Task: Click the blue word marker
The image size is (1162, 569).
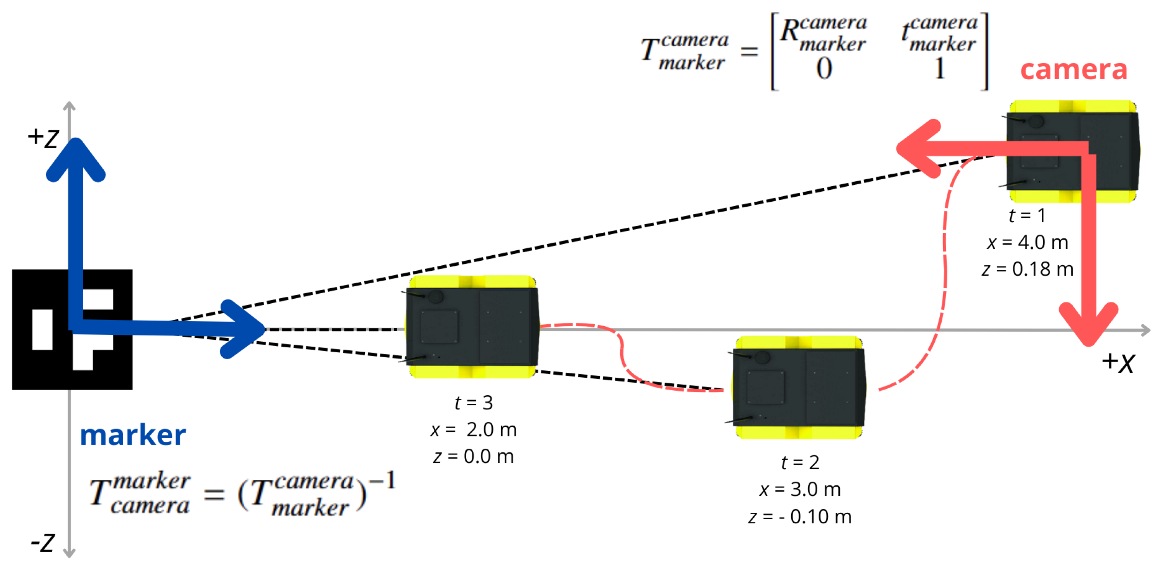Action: click(x=133, y=435)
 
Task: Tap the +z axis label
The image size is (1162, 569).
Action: click(x=43, y=137)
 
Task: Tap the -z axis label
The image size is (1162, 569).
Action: click(x=43, y=543)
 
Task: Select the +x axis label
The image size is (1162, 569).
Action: click(x=1118, y=362)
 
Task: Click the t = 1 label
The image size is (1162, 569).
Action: click(x=1027, y=215)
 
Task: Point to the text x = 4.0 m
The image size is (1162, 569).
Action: click(x=1027, y=242)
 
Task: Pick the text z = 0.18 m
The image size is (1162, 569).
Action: click(x=1027, y=269)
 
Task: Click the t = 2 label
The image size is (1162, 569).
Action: click(x=800, y=462)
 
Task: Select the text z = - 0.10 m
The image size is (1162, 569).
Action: click(x=800, y=517)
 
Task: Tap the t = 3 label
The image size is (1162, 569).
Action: click(x=474, y=403)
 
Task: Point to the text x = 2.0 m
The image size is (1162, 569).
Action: click(x=474, y=430)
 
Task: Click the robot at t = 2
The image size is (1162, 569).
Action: click(x=799, y=387)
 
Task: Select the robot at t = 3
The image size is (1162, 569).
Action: click(x=472, y=327)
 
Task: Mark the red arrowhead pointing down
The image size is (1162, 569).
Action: click(x=1088, y=325)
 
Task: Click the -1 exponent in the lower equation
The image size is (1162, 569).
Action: click(x=383, y=480)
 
